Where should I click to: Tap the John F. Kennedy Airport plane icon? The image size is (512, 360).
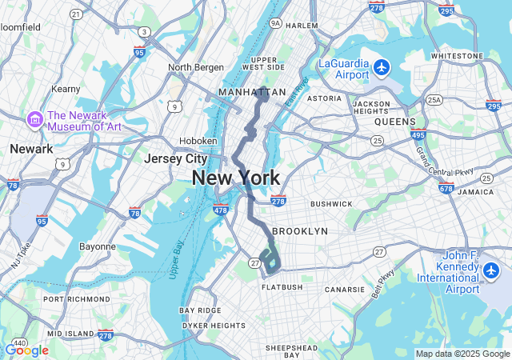[491, 271]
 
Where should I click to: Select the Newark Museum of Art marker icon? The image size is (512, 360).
[35, 120]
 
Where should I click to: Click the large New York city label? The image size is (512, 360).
[236, 178]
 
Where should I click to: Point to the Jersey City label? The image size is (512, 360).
[175, 158]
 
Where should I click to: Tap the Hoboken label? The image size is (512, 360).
[198, 140]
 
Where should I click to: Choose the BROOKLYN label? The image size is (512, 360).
[300, 231]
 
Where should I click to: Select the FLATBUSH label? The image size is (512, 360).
[282, 286]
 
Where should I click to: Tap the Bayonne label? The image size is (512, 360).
[98, 246]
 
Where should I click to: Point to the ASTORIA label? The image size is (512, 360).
[324, 98]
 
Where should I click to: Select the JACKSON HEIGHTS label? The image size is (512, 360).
[371, 107]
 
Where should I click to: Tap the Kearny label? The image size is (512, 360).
[66, 89]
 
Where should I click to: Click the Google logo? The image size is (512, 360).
[26, 350]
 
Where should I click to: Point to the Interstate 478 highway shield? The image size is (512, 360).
[221, 210]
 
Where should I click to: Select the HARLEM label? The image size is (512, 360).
[302, 26]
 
